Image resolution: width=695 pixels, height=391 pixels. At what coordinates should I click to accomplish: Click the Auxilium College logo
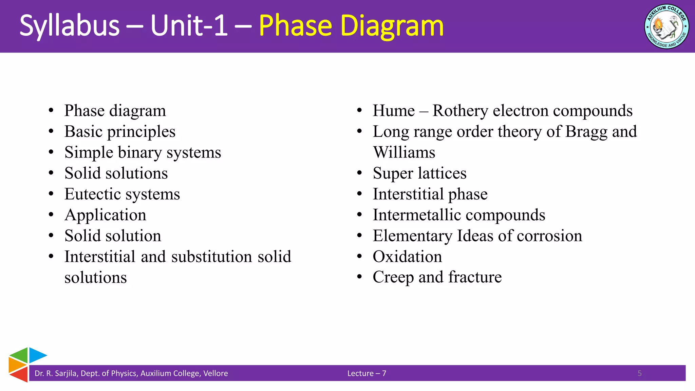pyautogui.click(x=666, y=26)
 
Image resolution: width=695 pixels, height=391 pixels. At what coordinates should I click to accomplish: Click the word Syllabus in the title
pyautogui.click(x=70, y=26)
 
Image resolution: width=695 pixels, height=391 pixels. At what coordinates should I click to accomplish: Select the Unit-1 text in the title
pyautogui.click(x=189, y=26)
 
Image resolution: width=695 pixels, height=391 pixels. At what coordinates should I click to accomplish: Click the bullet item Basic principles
pyautogui.click(x=120, y=132)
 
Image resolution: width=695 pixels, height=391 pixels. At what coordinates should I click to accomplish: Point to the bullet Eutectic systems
pyautogui.click(x=122, y=194)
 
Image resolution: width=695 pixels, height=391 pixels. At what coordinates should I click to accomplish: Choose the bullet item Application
pyautogui.click(x=105, y=215)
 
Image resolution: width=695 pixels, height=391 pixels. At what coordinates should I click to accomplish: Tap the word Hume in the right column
pyautogui.click(x=394, y=111)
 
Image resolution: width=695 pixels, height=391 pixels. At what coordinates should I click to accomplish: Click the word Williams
pyautogui.click(x=404, y=152)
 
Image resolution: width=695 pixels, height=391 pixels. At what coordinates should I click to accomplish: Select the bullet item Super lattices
pyautogui.click(x=419, y=173)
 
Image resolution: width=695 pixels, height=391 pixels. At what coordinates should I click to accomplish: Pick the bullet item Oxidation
pyautogui.click(x=407, y=257)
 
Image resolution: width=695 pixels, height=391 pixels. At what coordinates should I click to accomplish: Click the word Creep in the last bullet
pyautogui.click(x=393, y=277)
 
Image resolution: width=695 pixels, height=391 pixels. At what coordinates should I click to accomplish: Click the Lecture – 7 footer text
pyautogui.click(x=367, y=373)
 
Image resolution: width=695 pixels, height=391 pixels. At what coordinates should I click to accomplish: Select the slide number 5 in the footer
pyautogui.click(x=639, y=373)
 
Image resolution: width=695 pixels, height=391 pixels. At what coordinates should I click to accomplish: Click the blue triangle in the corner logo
pyautogui.click(x=36, y=355)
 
